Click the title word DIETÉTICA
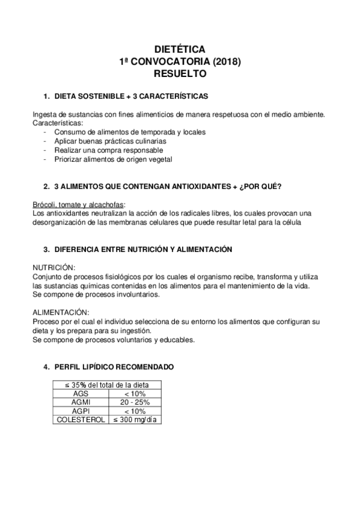point(180,49)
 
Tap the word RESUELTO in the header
point(180,74)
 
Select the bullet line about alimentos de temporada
point(130,131)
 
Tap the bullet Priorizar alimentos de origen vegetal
point(113,159)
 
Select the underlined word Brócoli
point(45,204)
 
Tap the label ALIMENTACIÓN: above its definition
point(61,312)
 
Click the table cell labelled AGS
point(80,393)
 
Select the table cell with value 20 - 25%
point(135,402)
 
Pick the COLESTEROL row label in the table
point(80,420)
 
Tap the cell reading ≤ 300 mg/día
point(135,420)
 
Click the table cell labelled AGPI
point(80,411)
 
